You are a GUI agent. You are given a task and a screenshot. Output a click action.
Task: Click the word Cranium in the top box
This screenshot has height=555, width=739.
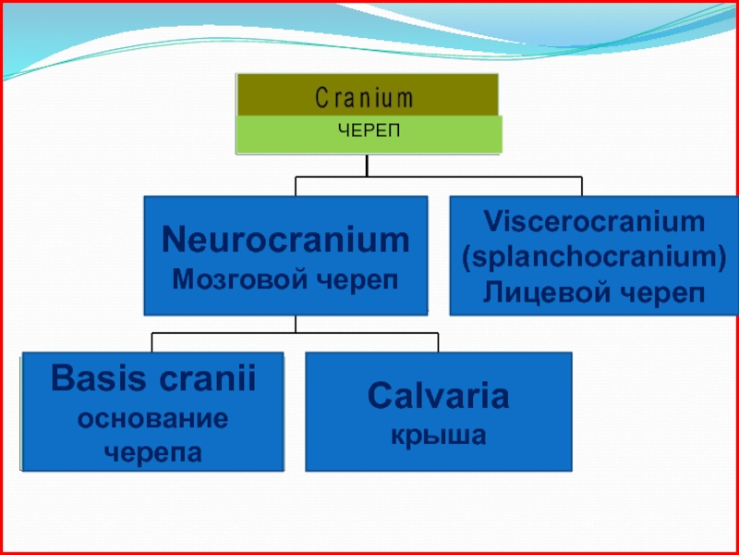pyautogui.click(x=365, y=97)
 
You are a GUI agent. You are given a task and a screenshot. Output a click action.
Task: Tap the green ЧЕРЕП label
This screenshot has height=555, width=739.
pyautogui.click(x=368, y=131)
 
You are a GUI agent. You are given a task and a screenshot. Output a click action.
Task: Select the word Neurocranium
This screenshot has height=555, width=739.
pyautogui.click(x=285, y=240)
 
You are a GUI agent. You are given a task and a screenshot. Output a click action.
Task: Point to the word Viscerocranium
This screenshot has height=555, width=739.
pyautogui.click(x=594, y=222)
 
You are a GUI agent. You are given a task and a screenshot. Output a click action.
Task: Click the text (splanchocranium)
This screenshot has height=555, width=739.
pyautogui.click(x=594, y=257)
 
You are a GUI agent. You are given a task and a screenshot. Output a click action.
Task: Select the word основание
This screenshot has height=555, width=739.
pyautogui.click(x=153, y=418)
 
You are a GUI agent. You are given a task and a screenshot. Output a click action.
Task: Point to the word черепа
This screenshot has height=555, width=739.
pyautogui.click(x=153, y=452)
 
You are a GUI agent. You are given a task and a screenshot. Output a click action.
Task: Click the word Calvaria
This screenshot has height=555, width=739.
pyautogui.click(x=438, y=397)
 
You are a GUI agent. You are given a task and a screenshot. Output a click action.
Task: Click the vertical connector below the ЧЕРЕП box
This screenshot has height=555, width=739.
pyautogui.click(x=367, y=165)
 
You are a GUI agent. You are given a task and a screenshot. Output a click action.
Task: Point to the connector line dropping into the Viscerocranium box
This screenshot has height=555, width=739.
pyautogui.click(x=581, y=186)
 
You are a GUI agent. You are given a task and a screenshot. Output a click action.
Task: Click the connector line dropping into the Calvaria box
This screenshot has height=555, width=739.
pyautogui.click(x=438, y=342)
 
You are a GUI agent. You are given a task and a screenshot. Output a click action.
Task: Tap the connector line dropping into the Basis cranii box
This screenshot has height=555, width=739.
pyautogui.click(x=152, y=342)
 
